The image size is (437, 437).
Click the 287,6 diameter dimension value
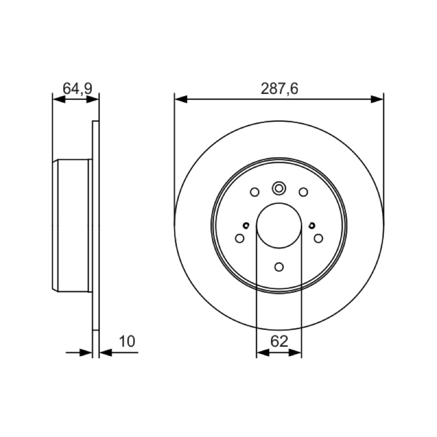tap(279, 89)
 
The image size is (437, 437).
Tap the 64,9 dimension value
tap(77, 89)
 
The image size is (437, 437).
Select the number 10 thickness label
tap(127, 341)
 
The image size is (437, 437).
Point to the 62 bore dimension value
tap(279, 341)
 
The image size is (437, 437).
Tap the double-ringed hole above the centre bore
tap(279, 188)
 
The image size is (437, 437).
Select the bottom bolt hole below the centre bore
tap(279, 267)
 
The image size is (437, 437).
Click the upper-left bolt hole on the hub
tap(255, 192)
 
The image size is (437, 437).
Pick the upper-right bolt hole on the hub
tap(303, 192)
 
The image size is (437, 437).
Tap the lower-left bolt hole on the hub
tap(240, 238)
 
